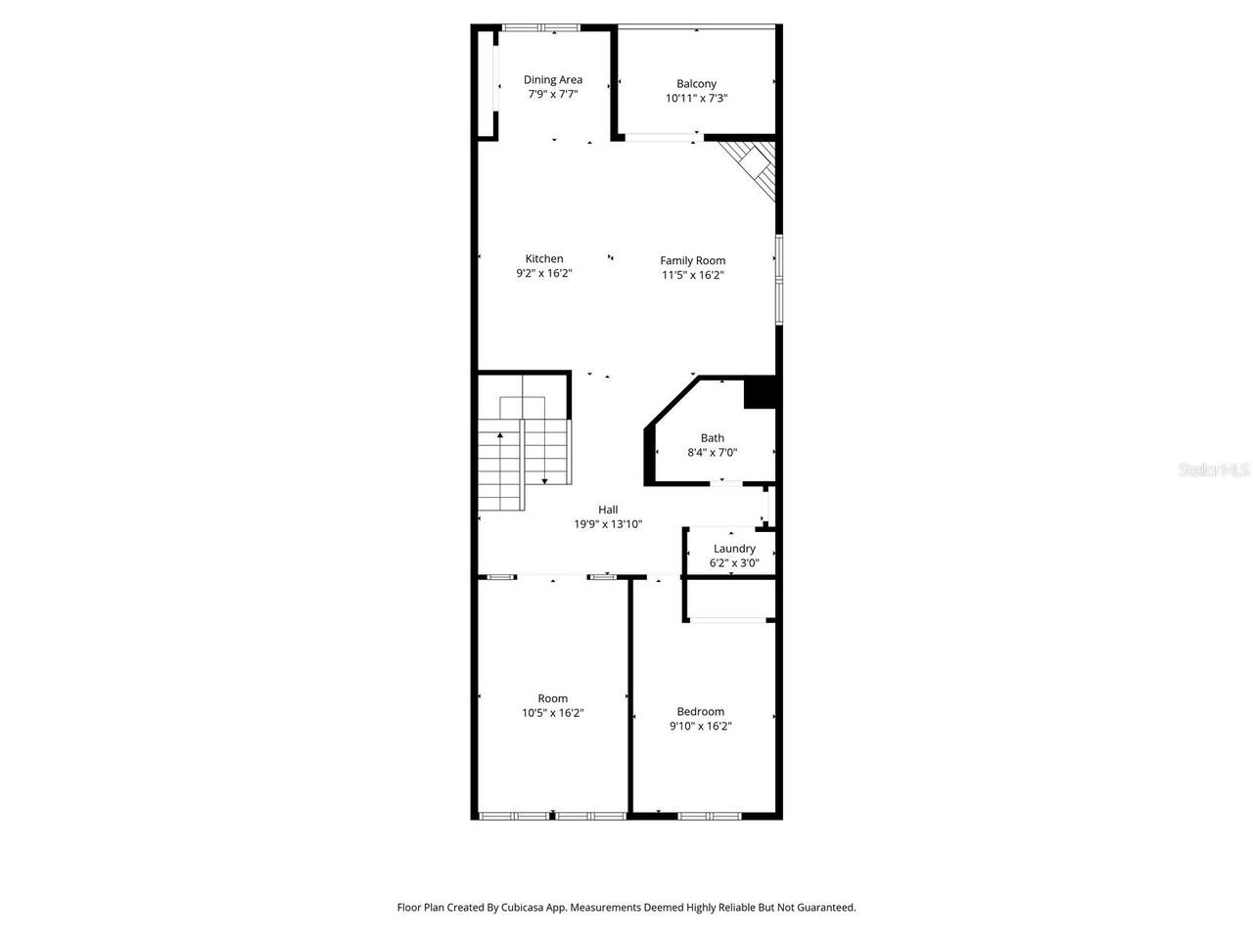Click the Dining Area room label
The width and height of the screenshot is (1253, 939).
tap(553, 80)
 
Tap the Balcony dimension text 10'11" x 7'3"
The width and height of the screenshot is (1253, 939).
tap(696, 99)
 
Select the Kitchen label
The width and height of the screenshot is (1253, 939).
tap(544, 259)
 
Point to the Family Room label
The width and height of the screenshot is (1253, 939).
tap(692, 260)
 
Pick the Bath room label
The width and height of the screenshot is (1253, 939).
tap(712, 438)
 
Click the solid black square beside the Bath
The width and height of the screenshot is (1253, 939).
tap(760, 392)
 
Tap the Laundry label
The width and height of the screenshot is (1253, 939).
tap(734, 549)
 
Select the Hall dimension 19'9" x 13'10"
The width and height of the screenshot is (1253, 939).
tap(608, 524)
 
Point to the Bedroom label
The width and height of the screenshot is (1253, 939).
tap(701, 711)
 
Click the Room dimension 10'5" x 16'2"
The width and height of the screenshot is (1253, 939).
tap(553, 714)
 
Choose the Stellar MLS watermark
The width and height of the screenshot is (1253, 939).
tap(1214, 470)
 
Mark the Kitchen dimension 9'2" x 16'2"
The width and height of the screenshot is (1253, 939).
tap(544, 274)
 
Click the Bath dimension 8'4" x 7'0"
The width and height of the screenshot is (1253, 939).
tap(712, 453)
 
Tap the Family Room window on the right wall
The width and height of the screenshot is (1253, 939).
tap(779, 279)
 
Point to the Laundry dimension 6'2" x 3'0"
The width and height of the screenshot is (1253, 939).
tap(734, 564)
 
